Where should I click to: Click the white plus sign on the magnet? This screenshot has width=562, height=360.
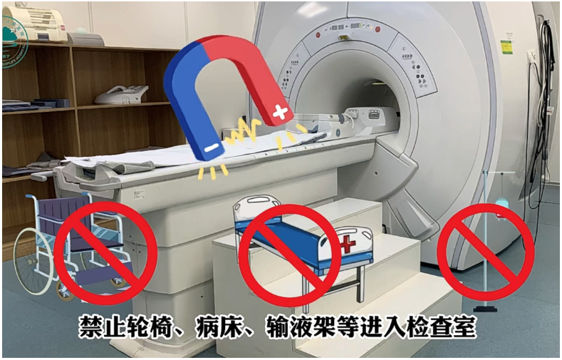click(x=281, y=112)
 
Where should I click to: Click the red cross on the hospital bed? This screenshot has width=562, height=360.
click(x=347, y=245)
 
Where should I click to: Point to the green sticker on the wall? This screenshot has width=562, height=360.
click(x=506, y=46)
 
